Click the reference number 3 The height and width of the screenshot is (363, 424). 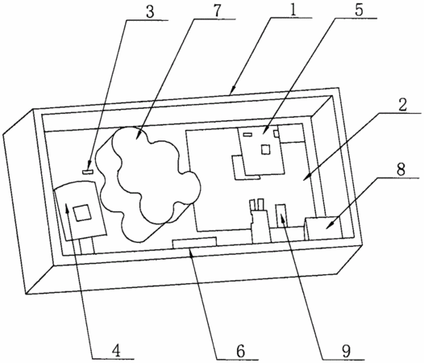[151, 12]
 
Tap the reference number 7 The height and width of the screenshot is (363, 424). [217, 10]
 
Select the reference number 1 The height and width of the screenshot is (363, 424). [293, 10]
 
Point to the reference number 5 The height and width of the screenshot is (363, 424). [359, 10]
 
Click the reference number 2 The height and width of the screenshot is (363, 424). [402, 105]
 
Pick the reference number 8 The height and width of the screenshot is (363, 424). [401, 169]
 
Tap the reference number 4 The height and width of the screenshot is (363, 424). [116, 351]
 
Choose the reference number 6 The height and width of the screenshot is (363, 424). [240, 351]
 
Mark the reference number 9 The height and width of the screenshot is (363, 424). [346, 351]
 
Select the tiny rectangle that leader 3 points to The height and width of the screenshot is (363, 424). [88, 172]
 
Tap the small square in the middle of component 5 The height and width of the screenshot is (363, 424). [265, 149]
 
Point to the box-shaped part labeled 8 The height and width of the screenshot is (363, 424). [323, 228]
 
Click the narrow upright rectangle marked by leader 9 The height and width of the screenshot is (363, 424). [281, 215]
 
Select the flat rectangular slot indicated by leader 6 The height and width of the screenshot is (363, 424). [195, 243]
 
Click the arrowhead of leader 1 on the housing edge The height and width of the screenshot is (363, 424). [232, 90]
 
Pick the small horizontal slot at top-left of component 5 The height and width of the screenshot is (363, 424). [247, 134]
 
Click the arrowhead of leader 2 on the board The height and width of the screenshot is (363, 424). [306, 177]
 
